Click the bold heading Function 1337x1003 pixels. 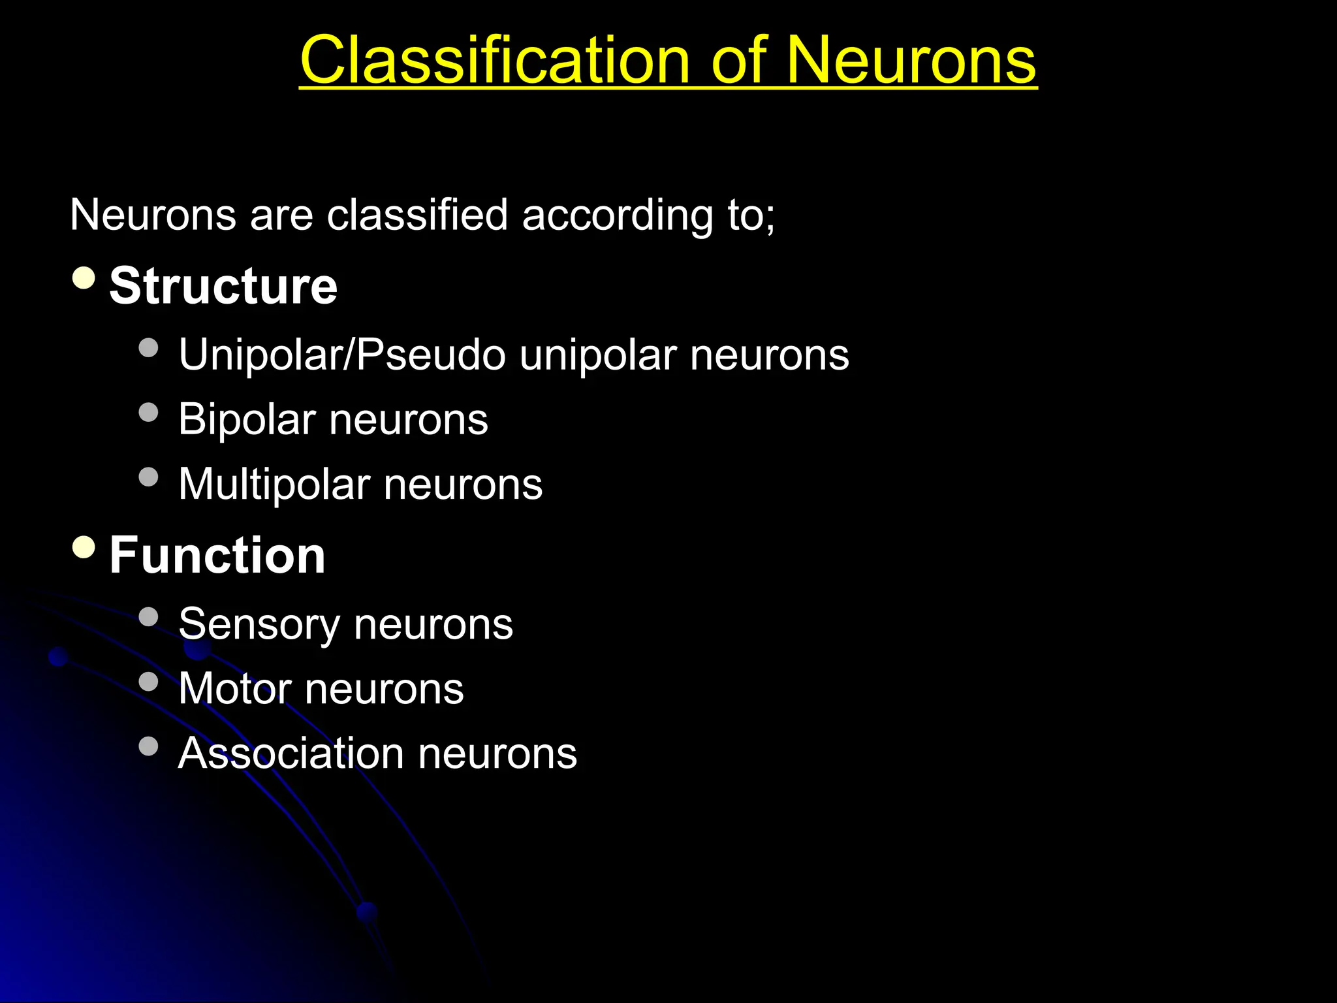coord(217,555)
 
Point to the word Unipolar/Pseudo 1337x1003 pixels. coord(342,355)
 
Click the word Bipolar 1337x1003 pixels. coord(247,419)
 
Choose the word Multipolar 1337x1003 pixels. coord(274,484)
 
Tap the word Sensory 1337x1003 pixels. coord(259,624)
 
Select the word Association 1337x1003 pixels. coord(291,753)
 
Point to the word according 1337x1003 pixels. coord(617,215)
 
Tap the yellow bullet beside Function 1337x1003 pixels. coord(84,547)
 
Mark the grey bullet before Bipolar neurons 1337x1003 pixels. coord(149,412)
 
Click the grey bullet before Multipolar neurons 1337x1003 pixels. coord(149,477)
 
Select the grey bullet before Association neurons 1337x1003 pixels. coord(149,746)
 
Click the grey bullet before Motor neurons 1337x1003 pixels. coord(149,681)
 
